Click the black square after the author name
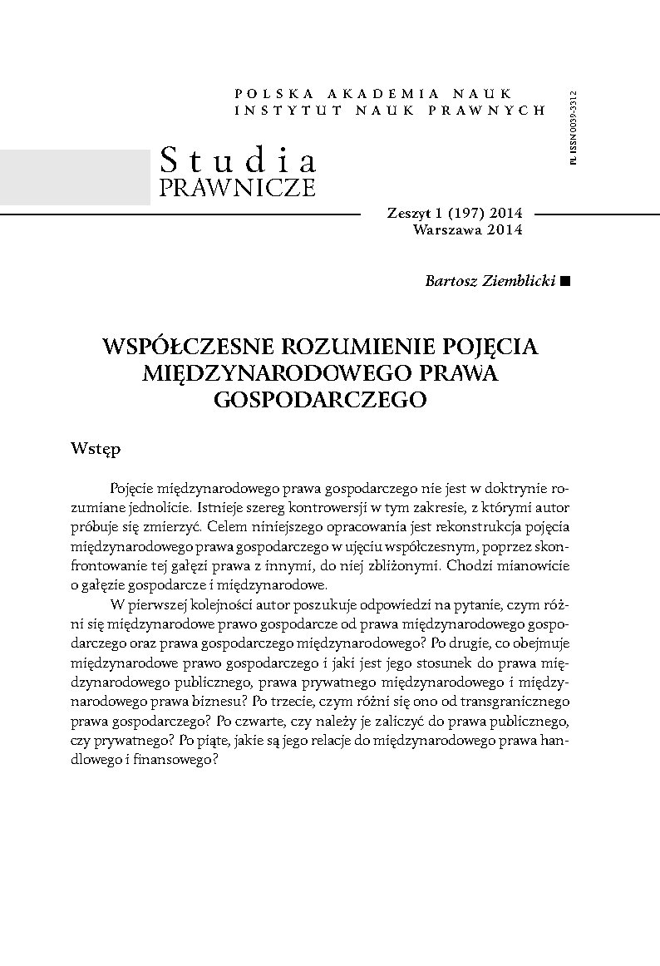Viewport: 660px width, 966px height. click(566, 282)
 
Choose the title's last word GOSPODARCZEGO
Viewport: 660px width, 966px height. click(320, 399)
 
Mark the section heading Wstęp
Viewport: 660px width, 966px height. click(96, 449)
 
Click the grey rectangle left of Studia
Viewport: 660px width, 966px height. click(75, 177)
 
